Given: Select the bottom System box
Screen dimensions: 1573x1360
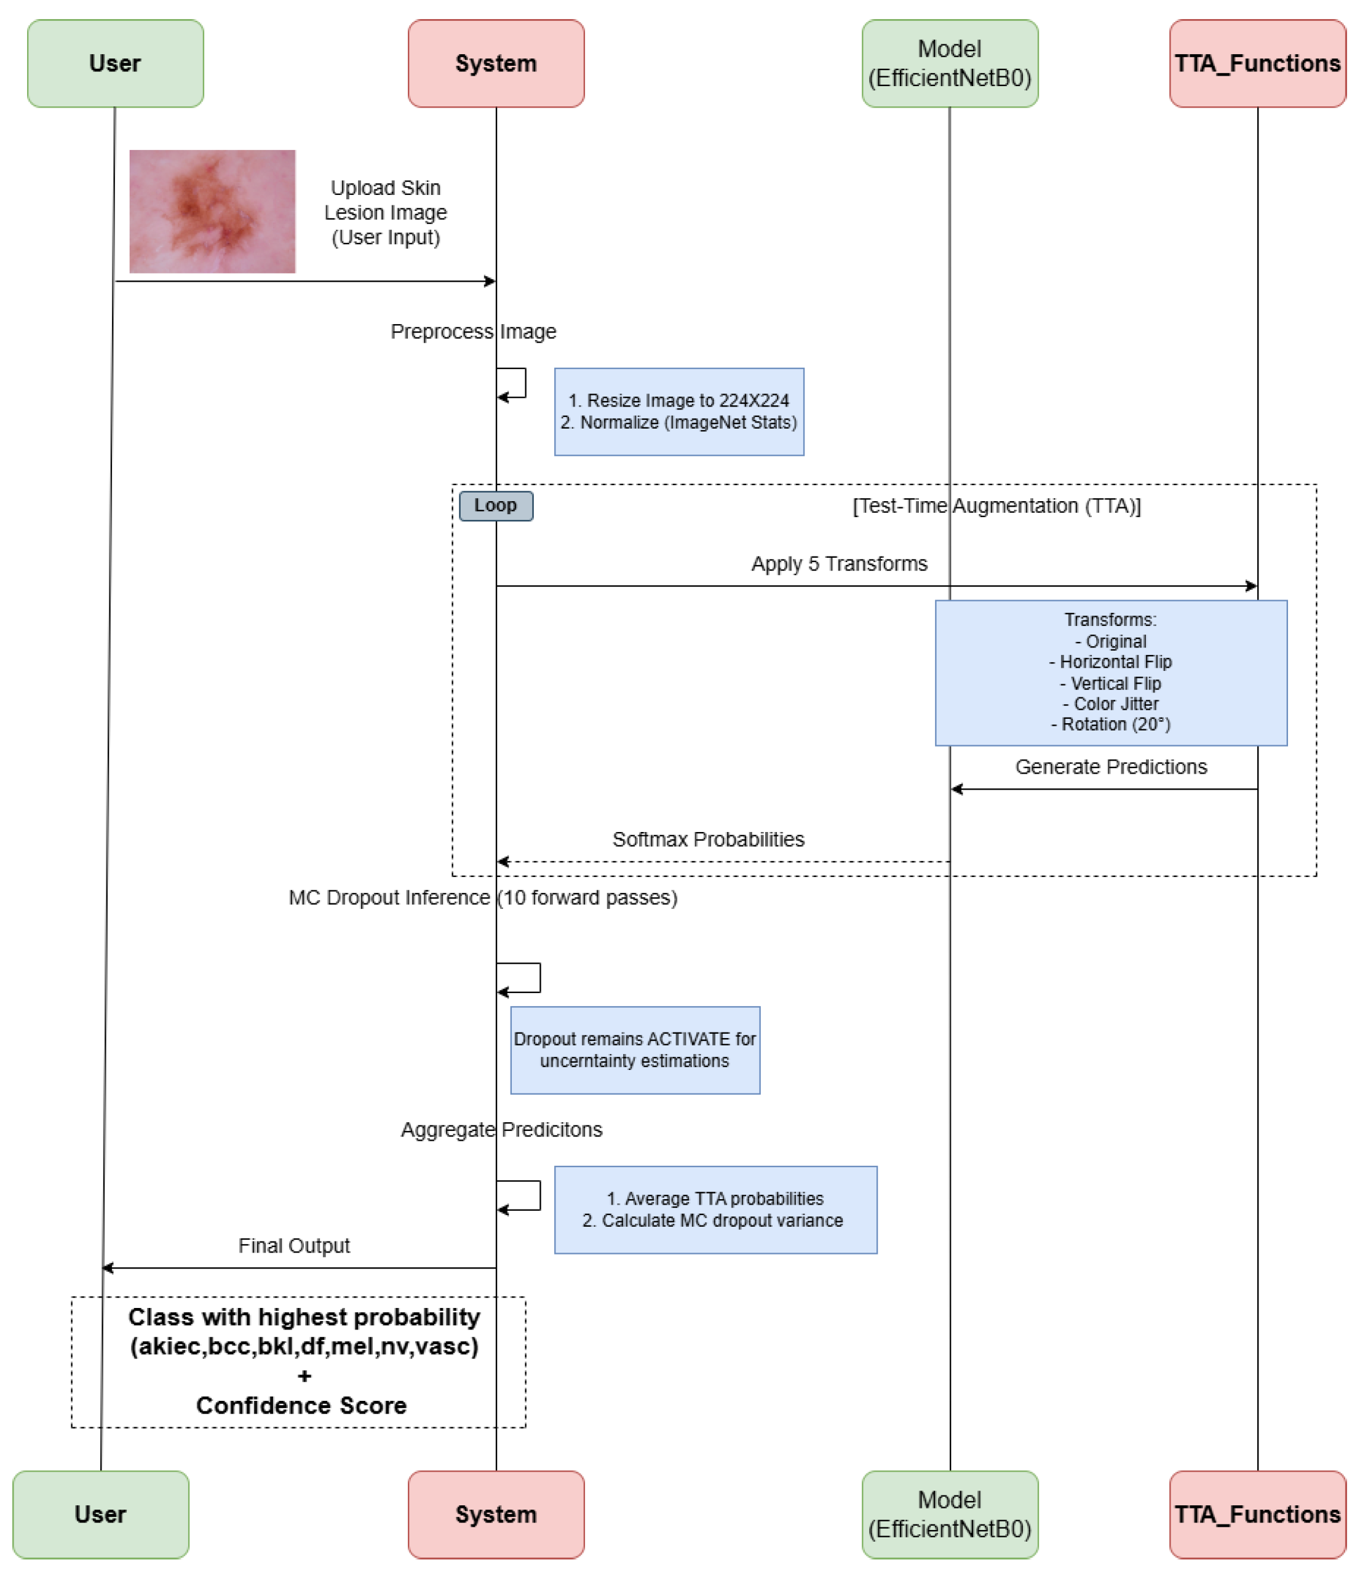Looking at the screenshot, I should tap(496, 1514).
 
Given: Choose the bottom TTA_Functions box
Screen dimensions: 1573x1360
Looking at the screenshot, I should tap(1257, 1514).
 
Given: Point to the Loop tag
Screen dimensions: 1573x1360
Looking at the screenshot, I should tap(496, 505).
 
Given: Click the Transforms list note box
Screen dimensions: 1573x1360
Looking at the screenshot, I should tap(1110, 673).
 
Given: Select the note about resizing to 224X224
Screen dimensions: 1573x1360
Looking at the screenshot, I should tap(679, 411).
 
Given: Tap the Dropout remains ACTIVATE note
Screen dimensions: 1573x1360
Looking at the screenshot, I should tap(635, 1050).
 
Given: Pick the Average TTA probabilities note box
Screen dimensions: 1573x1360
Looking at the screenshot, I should tap(715, 1210).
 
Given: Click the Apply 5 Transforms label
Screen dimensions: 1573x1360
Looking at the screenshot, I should tap(839, 563).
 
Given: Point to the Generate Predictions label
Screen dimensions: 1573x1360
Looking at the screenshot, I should tap(1110, 767).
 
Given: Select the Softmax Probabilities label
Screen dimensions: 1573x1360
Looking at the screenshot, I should tap(708, 839).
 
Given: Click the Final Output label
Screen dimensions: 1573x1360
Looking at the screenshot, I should tap(294, 1246).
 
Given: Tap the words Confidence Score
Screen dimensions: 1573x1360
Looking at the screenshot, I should tap(301, 1405).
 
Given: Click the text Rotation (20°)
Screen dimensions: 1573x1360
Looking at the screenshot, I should tap(1110, 724).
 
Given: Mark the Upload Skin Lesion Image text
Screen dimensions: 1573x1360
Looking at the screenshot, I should tap(385, 213).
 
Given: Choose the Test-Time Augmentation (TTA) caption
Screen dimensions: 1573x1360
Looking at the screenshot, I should tap(996, 505).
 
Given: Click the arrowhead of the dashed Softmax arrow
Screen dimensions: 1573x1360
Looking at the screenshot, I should tap(502, 862).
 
